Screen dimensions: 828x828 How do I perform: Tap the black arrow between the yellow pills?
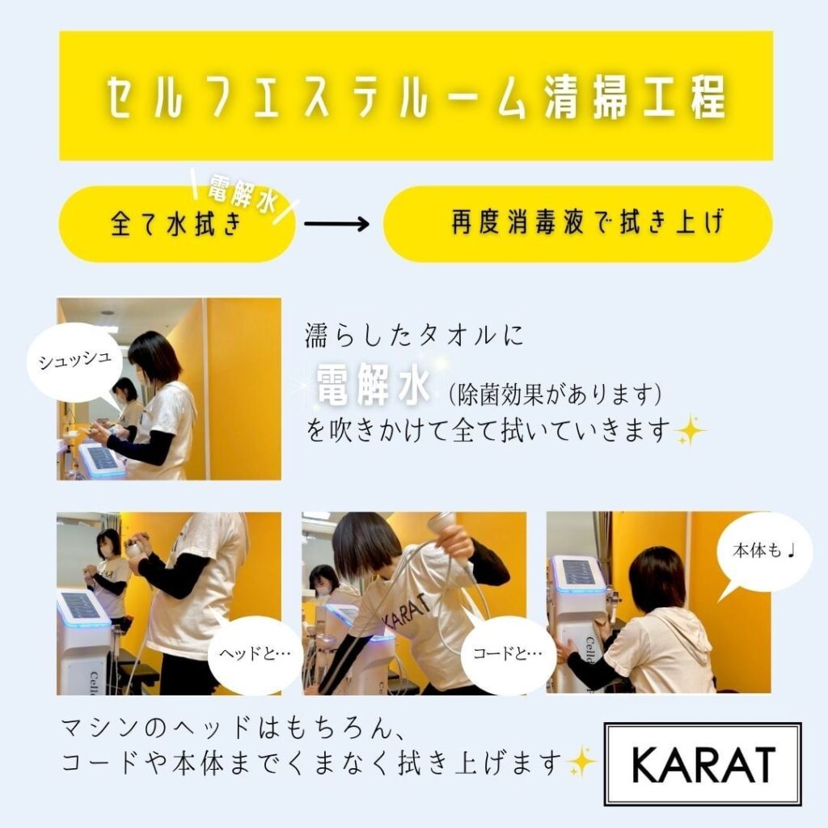tap(336, 223)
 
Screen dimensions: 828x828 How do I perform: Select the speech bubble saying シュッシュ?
tap(75, 361)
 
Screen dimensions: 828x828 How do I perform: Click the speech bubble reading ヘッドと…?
tap(256, 654)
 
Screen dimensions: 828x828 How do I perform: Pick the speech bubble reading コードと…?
tap(508, 654)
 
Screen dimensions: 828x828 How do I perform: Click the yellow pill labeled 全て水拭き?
tap(176, 224)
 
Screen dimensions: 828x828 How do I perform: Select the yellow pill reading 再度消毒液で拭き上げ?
tap(577, 224)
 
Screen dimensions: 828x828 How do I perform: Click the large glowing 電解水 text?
tap(373, 386)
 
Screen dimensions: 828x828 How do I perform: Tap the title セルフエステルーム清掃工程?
tap(416, 97)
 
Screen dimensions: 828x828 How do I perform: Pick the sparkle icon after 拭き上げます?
tap(581, 762)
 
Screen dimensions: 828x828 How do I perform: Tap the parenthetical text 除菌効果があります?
tap(555, 394)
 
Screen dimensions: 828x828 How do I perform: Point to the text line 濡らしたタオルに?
tap(415, 336)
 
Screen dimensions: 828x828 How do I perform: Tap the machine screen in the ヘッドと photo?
tap(81, 606)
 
